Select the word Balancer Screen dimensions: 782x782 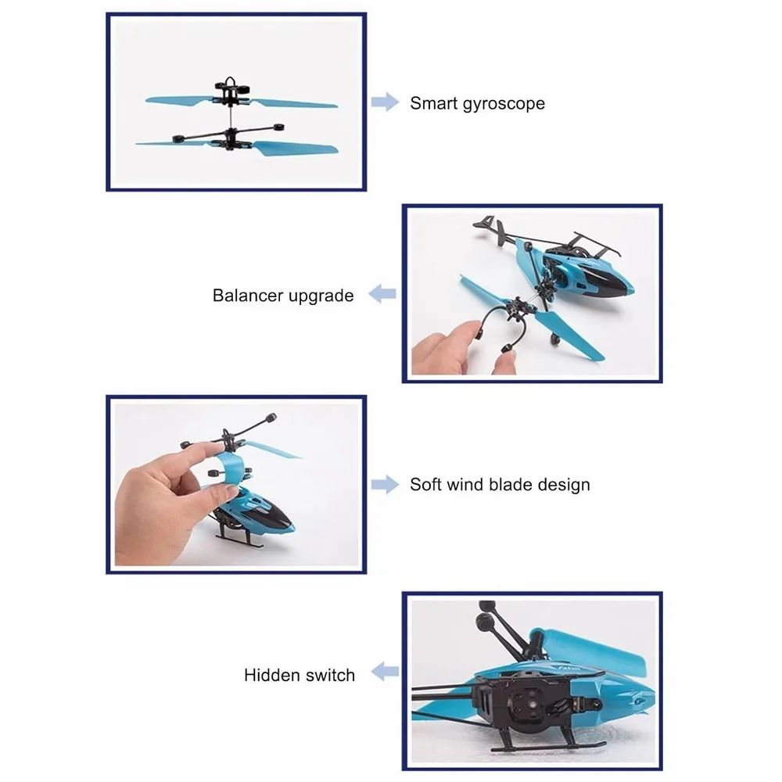[x=247, y=296]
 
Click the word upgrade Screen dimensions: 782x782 [x=321, y=296]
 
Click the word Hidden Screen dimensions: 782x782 [x=270, y=675]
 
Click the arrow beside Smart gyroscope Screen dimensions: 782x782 [x=385, y=102]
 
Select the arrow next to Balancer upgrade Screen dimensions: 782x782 [x=382, y=295]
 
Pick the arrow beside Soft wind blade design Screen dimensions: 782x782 [x=385, y=485]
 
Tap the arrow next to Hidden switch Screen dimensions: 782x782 [x=384, y=671]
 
